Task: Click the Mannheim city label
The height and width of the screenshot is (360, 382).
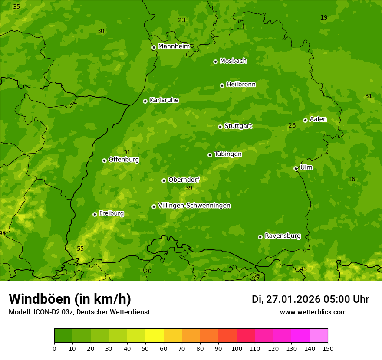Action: point(174,46)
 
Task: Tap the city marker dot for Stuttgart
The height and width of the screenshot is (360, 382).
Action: point(220,127)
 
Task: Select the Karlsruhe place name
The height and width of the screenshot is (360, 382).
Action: point(164,100)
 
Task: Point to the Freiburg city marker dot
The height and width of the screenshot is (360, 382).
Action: point(95,214)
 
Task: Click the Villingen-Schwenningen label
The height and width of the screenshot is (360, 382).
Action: point(194,206)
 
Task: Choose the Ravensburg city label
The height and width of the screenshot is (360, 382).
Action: point(283,236)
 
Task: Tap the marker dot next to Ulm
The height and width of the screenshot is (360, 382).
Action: point(296,168)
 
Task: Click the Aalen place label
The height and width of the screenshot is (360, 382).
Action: point(318,119)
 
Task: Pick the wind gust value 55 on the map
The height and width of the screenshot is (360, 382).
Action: point(80,249)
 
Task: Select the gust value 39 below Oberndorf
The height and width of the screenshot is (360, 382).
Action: point(189,188)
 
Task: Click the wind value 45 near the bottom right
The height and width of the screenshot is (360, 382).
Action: point(303,269)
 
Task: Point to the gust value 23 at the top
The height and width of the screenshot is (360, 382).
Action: point(182,20)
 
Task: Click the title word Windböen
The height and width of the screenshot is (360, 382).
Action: point(39,299)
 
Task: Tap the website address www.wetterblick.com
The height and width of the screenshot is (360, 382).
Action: point(313,312)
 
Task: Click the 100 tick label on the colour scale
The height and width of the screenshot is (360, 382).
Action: point(237,348)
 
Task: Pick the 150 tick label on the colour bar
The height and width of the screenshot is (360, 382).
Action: point(328,348)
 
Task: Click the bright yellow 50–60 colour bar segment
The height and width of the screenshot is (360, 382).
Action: point(155,336)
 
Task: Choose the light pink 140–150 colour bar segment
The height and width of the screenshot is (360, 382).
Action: point(319,336)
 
